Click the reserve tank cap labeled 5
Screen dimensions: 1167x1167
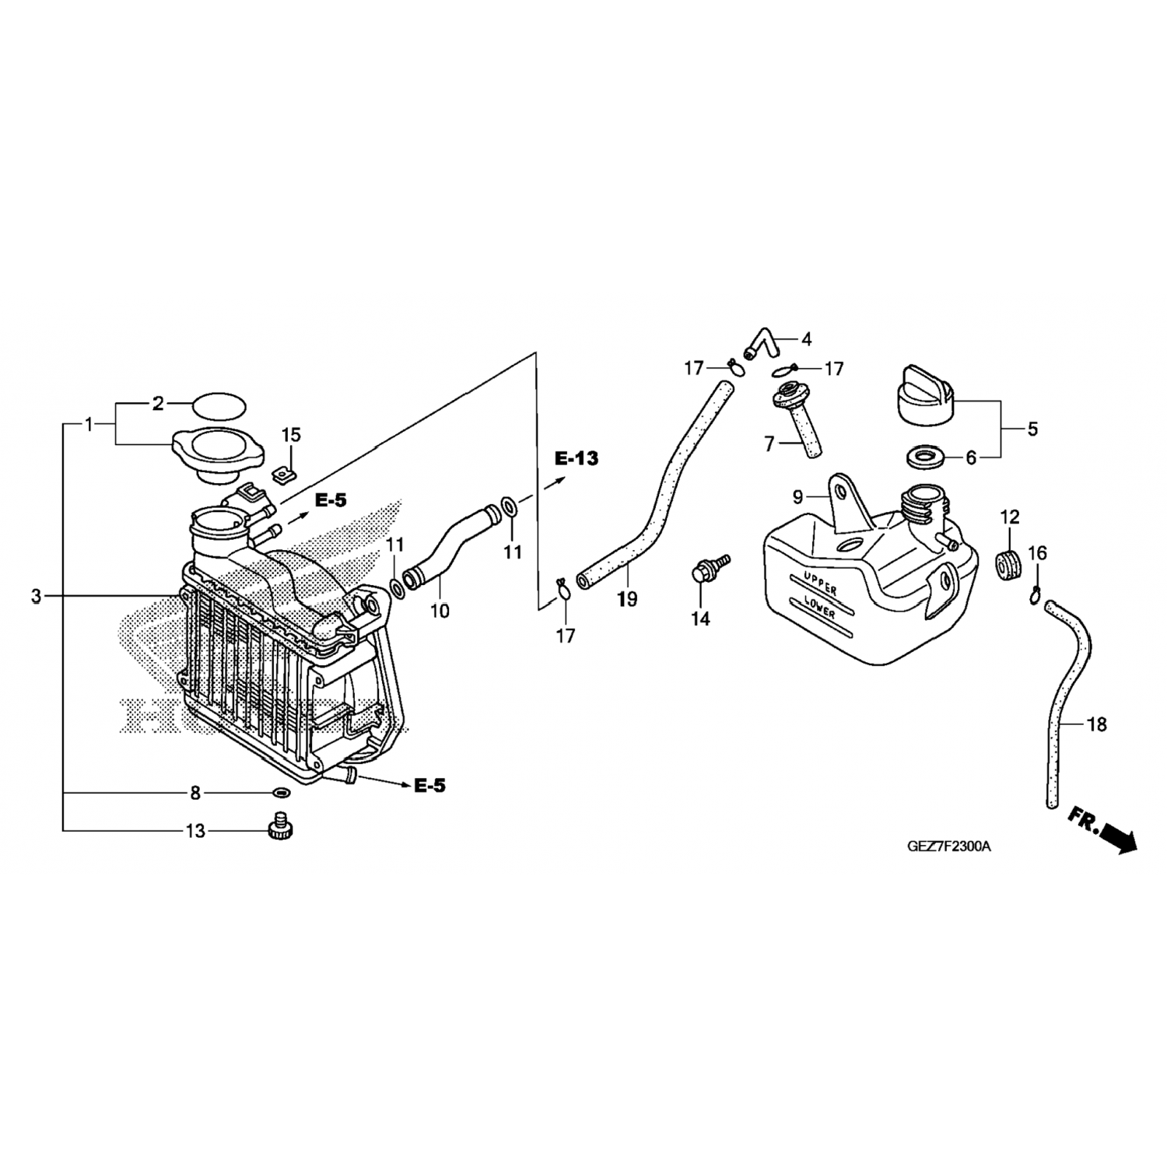[925, 398]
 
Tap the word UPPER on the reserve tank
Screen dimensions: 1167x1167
[815, 583]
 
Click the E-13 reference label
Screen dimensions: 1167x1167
[576, 458]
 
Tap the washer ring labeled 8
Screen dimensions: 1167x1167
[281, 793]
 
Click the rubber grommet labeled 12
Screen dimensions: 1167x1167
[1009, 564]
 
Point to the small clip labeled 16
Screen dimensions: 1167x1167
[1036, 595]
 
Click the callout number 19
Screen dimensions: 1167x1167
[626, 599]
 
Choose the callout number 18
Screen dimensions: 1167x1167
[1096, 725]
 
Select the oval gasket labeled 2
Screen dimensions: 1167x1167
[218, 405]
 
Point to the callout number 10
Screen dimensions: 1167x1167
[440, 611]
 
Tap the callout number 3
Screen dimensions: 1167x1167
[36, 597]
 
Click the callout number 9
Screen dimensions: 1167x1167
[797, 496]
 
